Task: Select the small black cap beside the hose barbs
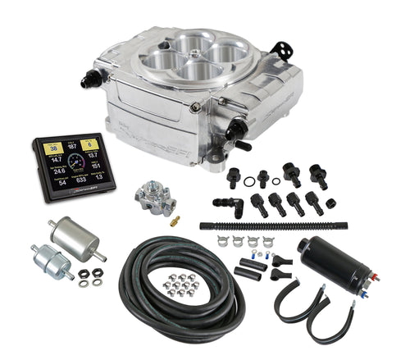[x=329, y=203]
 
